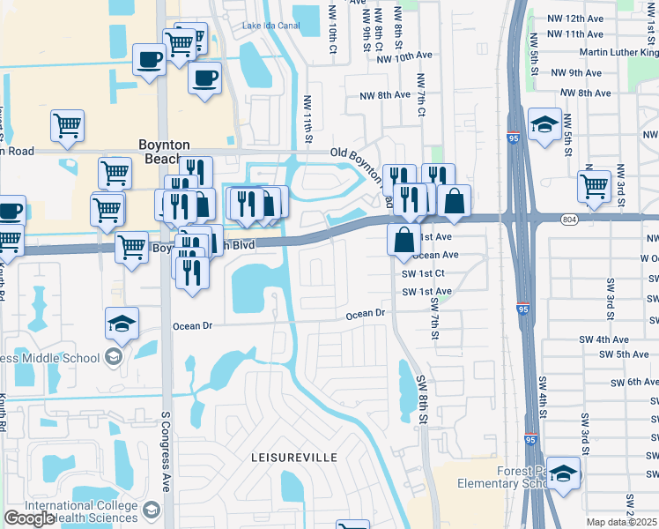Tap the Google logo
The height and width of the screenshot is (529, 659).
coord(29,518)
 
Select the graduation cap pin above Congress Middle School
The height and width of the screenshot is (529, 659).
coord(122,324)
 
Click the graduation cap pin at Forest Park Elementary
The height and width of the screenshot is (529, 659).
coord(563,473)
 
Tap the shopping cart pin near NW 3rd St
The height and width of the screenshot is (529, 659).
coord(595,186)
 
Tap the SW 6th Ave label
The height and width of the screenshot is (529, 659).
coord(629,382)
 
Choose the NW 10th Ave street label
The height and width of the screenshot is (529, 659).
coord(404,57)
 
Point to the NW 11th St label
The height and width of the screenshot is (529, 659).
coord(308,119)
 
